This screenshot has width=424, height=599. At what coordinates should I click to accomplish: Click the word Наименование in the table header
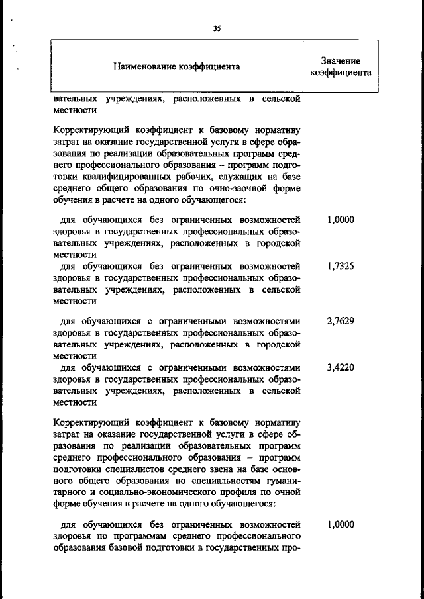point(147,67)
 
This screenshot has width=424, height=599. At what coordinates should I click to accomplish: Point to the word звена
point(217,469)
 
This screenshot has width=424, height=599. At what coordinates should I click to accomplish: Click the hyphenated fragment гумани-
point(282,481)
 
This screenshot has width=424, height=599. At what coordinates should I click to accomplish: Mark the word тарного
point(71,492)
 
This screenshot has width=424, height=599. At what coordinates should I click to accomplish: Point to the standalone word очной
point(288,492)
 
